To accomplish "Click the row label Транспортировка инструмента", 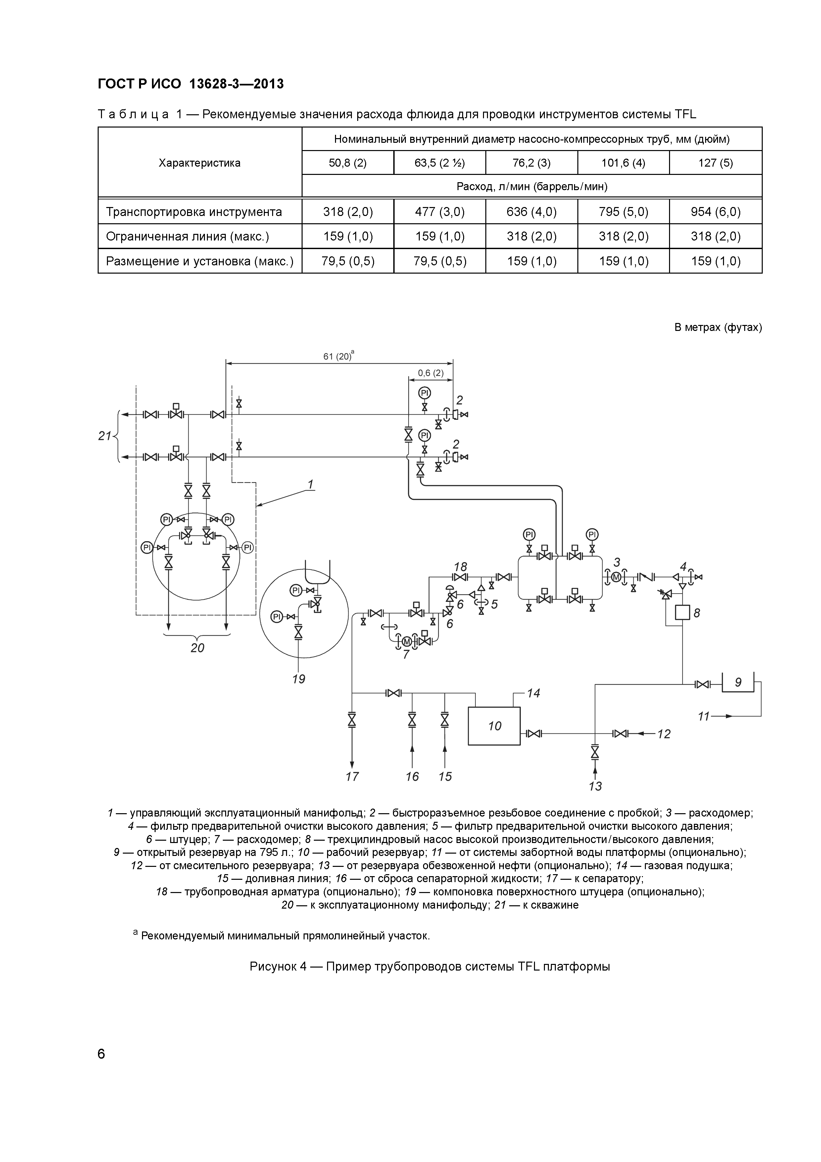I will (x=194, y=212).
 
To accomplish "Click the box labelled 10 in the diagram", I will (x=494, y=726).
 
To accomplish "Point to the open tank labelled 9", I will (x=738, y=683).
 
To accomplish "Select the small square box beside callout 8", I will (x=682, y=613).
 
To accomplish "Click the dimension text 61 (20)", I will (x=337, y=356).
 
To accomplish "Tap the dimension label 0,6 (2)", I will (x=430, y=373).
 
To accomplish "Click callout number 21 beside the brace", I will (x=104, y=436).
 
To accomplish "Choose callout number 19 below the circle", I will (x=299, y=679).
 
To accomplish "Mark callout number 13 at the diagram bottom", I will (x=595, y=786).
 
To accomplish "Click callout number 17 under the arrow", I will (x=352, y=776).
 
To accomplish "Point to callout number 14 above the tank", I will (x=533, y=693).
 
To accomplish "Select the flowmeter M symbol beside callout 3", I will (x=616, y=577).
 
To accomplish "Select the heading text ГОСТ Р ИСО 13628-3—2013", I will (x=191, y=84).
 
